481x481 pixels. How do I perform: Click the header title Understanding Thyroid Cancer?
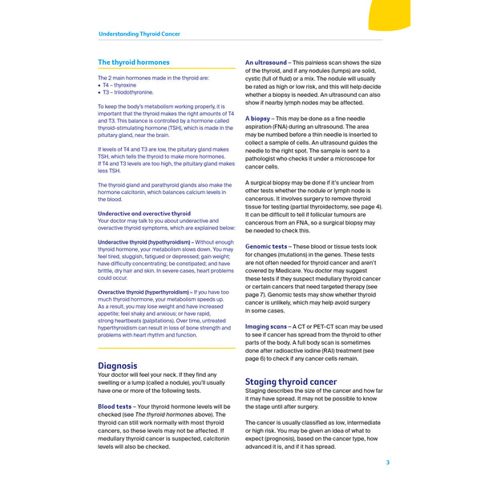139,34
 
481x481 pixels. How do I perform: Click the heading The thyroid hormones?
134,63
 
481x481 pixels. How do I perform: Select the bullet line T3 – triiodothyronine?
128,91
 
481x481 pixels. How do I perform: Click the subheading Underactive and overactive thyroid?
144,214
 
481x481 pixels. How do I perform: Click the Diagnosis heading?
118,366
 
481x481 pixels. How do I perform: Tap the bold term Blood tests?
115,406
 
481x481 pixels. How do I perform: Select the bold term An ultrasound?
266,63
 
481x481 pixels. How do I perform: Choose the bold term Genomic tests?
266,247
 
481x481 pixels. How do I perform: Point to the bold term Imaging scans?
265,327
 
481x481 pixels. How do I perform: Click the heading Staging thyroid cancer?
291,382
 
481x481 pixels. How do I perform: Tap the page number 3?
387,462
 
